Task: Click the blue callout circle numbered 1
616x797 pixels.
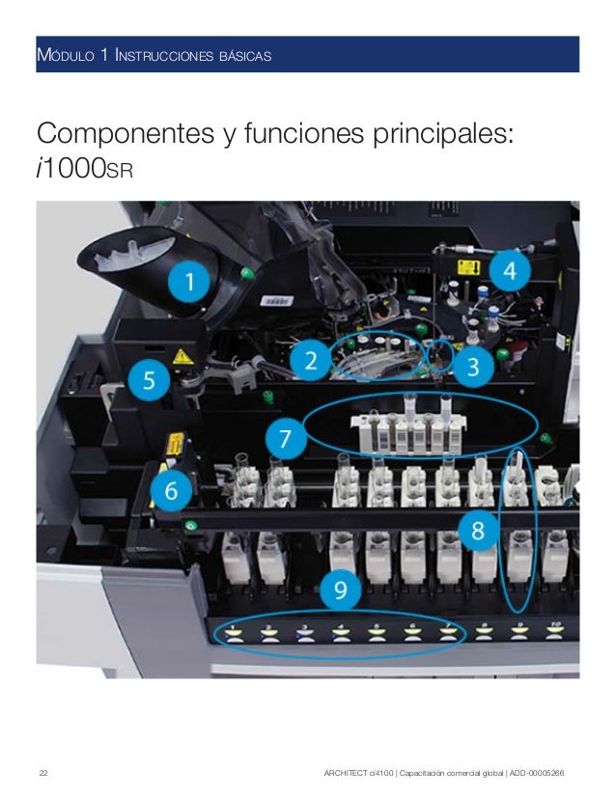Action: pos(189,281)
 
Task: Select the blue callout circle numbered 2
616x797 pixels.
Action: pos(310,360)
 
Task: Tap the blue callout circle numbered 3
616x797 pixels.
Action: pos(473,366)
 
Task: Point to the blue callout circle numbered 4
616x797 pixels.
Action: pos(510,271)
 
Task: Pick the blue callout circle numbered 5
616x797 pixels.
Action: pos(149,380)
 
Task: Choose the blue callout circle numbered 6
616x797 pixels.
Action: pos(171,490)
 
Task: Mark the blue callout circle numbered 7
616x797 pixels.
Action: pos(286,438)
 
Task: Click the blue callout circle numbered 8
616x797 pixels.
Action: pos(478,531)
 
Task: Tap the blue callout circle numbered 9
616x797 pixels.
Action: pos(340,590)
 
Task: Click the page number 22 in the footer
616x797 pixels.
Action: pos(43,773)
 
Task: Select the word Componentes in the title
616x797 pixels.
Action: pos(126,134)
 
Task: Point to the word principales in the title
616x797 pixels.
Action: pos(443,135)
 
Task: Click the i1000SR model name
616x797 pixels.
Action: pos(85,169)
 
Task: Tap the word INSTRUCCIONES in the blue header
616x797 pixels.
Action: pos(164,55)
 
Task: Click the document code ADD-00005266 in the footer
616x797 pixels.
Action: pos(537,773)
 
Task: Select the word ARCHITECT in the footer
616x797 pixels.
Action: pos(346,773)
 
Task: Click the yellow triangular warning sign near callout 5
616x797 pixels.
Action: pos(182,357)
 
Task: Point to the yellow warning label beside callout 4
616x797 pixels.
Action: pos(468,267)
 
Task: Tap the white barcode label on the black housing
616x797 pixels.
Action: pos(276,301)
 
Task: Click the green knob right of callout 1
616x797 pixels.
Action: pos(247,273)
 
